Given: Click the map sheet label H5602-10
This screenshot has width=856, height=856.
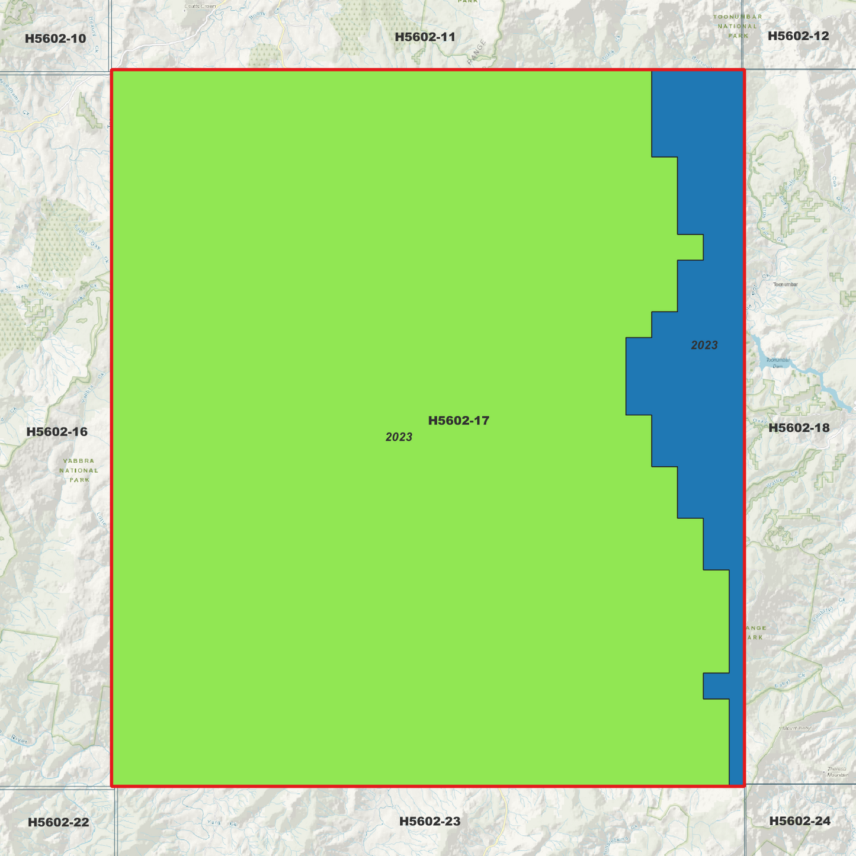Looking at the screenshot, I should pos(55,39).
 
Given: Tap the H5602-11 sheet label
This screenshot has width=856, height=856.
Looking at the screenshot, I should pos(425,37).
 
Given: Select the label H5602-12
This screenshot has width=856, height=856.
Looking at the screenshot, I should pos(798,36).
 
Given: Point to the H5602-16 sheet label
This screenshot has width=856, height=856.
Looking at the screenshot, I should pos(57,432).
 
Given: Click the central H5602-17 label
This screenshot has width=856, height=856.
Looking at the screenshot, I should pos(459,421).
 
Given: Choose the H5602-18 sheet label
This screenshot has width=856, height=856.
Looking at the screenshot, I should pos(799,428).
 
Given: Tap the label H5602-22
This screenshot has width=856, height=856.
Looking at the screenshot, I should pos(58,822).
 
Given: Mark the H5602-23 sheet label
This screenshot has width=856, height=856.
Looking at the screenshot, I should pos(429,821).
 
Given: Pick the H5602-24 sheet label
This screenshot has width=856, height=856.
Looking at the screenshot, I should pos(800,821).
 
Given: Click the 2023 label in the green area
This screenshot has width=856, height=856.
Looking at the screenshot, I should pos(399,437).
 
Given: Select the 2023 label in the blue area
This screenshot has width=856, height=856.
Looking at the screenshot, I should pos(704,345).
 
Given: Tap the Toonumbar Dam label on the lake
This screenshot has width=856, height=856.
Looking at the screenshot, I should pos(777,363).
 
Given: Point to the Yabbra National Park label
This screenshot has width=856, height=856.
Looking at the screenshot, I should pos(79,470).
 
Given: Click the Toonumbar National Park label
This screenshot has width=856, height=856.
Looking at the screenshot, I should pos(738,26).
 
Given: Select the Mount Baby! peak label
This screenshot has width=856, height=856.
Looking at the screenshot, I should pos(796,728).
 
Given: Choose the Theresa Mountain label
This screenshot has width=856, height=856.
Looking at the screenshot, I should pos(838,772).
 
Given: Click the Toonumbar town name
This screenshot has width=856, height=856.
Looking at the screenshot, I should pos(785,284).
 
